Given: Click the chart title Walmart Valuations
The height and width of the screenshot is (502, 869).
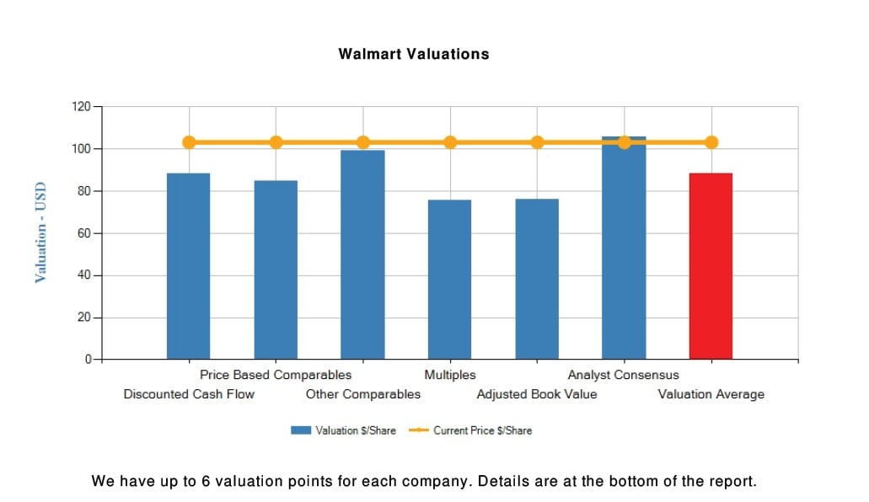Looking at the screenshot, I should (413, 54).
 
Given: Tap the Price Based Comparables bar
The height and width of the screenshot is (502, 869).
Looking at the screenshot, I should (276, 270).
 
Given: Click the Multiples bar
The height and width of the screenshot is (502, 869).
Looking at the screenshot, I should (449, 279).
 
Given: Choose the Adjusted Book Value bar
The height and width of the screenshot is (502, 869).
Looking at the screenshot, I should (537, 279).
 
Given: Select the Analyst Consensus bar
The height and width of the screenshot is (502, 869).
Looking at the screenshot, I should (624, 253).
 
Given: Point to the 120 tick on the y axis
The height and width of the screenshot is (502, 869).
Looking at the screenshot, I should (81, 107).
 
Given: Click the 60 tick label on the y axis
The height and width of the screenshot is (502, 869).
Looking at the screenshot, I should (84, 233).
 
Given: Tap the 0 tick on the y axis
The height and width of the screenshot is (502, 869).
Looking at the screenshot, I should (88, 360).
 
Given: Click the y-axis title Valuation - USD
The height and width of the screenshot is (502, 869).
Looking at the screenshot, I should (40, 233).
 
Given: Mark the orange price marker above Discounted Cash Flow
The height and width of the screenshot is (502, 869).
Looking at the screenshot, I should (189, 142).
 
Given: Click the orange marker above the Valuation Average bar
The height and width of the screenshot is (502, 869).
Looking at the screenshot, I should (711, 142).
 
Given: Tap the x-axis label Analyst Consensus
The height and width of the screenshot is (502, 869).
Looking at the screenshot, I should (623, 375).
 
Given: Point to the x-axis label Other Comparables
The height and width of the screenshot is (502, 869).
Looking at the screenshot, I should (362, 394).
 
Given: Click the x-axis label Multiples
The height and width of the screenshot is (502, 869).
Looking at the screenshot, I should (450, 375).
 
